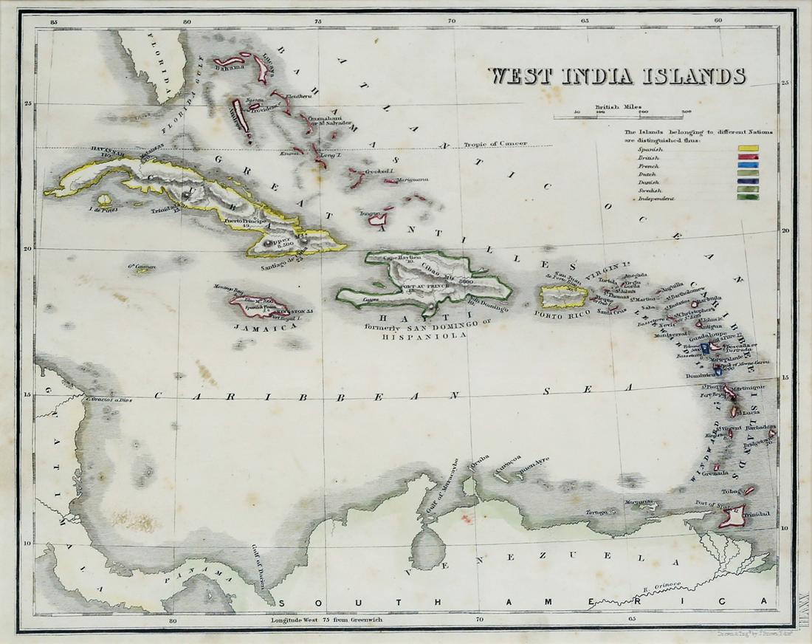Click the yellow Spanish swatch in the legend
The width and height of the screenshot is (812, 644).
(749, 148)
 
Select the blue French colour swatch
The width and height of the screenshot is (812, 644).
(749, 167)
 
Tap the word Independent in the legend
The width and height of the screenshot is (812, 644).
(656, 199)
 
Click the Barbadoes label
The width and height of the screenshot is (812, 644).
(759, 427)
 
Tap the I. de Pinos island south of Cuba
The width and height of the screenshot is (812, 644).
(105, 200)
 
